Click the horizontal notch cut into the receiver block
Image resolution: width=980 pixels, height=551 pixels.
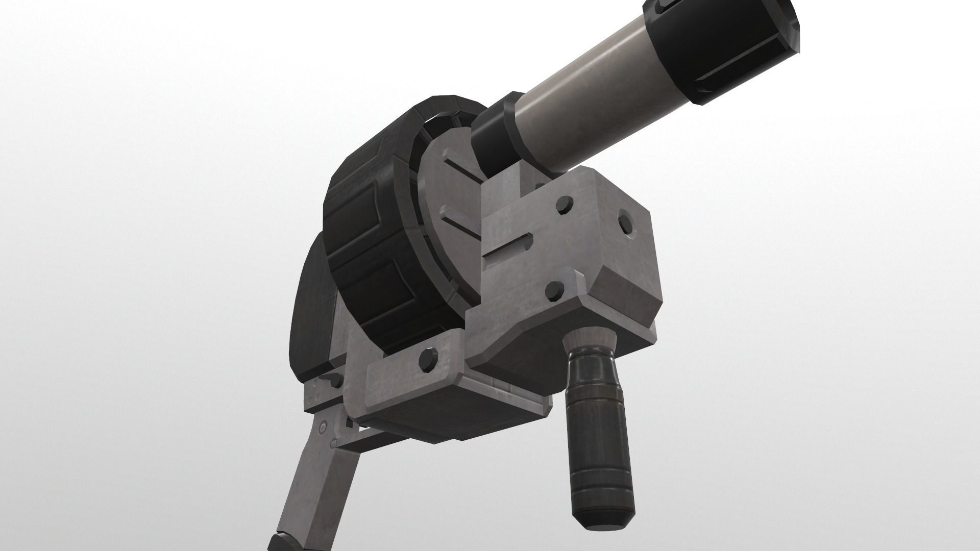click(508, 250)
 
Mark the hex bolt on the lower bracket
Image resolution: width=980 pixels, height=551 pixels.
click(427, 360)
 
